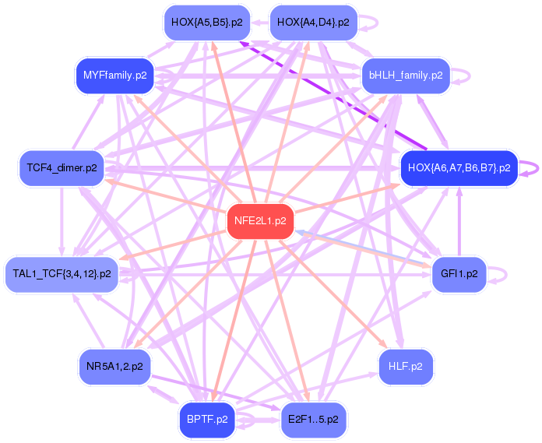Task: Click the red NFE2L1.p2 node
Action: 260,220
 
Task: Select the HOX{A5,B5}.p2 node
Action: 206,23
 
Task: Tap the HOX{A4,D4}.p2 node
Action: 312,23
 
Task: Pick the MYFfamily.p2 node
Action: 114,76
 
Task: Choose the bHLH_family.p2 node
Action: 406,76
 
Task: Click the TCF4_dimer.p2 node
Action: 62,167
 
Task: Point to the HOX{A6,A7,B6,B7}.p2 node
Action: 459,167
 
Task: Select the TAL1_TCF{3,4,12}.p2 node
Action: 62,273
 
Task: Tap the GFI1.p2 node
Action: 459,273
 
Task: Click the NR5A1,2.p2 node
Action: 114,365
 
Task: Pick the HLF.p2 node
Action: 406,365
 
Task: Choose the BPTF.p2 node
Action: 206,419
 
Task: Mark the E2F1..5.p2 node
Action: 312,419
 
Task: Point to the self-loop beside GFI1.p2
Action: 505,273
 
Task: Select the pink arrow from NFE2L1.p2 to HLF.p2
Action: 327,288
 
